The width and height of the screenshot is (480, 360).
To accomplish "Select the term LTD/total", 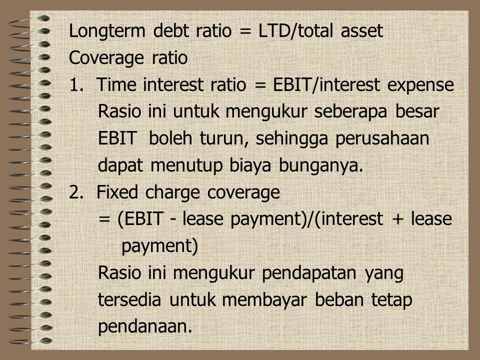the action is [x=295, y=31].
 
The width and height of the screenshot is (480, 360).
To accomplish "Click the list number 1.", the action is [x=76, y=85].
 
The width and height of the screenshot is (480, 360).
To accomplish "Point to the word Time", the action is [x=116, y=84].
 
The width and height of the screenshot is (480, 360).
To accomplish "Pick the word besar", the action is [x=417, y=111].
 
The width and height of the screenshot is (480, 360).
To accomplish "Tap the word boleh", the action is [x=170, y=138].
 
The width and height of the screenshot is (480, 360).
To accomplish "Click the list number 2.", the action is [x=76, y=192].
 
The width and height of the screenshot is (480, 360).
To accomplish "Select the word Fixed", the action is [x=117, y=192].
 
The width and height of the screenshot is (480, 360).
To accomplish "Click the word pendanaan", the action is [x=145, y=327].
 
